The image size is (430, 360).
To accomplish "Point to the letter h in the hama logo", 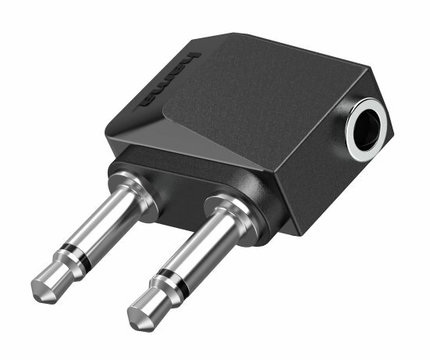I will [x=190, y=58].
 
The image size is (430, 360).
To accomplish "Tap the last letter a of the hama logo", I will [x=148, y=100].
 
